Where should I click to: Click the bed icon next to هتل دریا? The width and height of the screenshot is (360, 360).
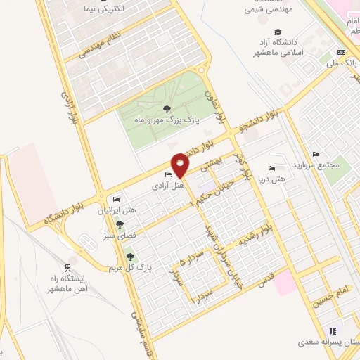272,169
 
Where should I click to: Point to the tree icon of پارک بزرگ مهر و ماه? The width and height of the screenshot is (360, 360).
166,108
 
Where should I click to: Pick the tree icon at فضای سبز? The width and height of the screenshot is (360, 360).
120,225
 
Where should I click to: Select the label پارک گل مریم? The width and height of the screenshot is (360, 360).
125,268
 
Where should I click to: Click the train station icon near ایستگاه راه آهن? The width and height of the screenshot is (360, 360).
67,268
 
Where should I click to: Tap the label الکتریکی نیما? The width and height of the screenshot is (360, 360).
119,9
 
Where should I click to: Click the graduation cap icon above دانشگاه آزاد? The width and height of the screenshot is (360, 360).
278,32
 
